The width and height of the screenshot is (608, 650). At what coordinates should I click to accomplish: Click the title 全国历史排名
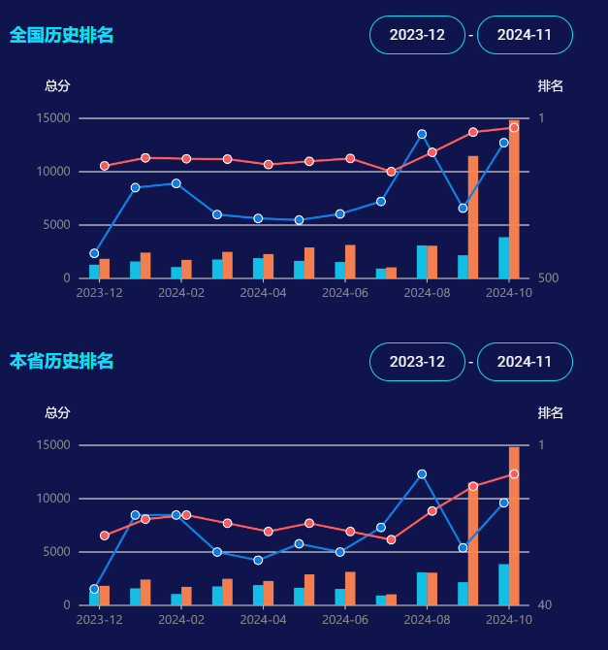pos(61,35)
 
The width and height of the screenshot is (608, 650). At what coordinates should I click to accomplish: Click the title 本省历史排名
pos(61,361)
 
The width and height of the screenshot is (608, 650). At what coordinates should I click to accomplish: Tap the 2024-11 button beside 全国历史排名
pos(525,35)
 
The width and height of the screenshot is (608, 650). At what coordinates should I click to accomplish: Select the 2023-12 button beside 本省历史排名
pos(417,362)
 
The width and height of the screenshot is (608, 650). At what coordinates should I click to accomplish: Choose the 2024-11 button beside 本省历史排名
pos(525,362)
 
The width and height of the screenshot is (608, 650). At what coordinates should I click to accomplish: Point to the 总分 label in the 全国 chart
pos(57,85)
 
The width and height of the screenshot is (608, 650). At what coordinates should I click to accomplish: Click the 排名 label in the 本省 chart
pos(551,412)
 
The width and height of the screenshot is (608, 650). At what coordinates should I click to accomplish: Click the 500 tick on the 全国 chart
pos(547,278)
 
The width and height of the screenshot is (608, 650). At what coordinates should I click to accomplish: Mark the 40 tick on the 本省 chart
pos(544,605)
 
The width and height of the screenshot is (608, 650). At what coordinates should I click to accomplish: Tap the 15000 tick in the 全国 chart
pos(54,118)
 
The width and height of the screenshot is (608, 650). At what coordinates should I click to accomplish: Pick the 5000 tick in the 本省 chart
pos(58,552)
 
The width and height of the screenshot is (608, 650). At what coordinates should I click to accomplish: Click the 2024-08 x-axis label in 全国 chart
pos(427,292)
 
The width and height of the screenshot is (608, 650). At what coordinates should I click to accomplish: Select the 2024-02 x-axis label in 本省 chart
pos(181,619)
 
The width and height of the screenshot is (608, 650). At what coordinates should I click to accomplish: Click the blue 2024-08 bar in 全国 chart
pos(422,262)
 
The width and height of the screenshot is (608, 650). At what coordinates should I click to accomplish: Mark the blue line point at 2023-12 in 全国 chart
pos(94,253)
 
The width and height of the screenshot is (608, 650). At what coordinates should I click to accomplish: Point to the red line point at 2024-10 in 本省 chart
pos(514,474)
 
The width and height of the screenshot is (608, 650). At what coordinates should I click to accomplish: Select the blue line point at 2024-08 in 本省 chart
pos(422,474)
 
